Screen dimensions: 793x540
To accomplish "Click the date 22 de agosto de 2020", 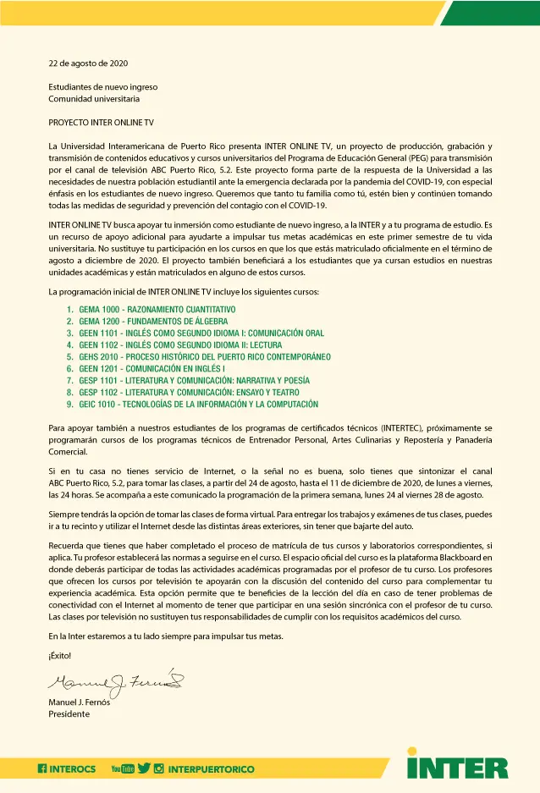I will (88, 63).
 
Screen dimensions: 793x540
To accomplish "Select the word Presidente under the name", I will (69, 713).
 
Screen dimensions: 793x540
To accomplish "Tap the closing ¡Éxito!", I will (60, 656).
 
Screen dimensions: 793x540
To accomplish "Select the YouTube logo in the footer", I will (123, 768).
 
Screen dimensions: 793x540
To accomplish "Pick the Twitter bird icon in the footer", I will (144, 768).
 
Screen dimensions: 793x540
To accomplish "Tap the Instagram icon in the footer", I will (158, 768).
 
